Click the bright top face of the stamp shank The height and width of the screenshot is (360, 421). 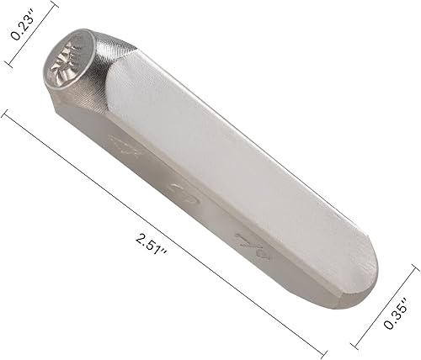(x=236, y=160)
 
